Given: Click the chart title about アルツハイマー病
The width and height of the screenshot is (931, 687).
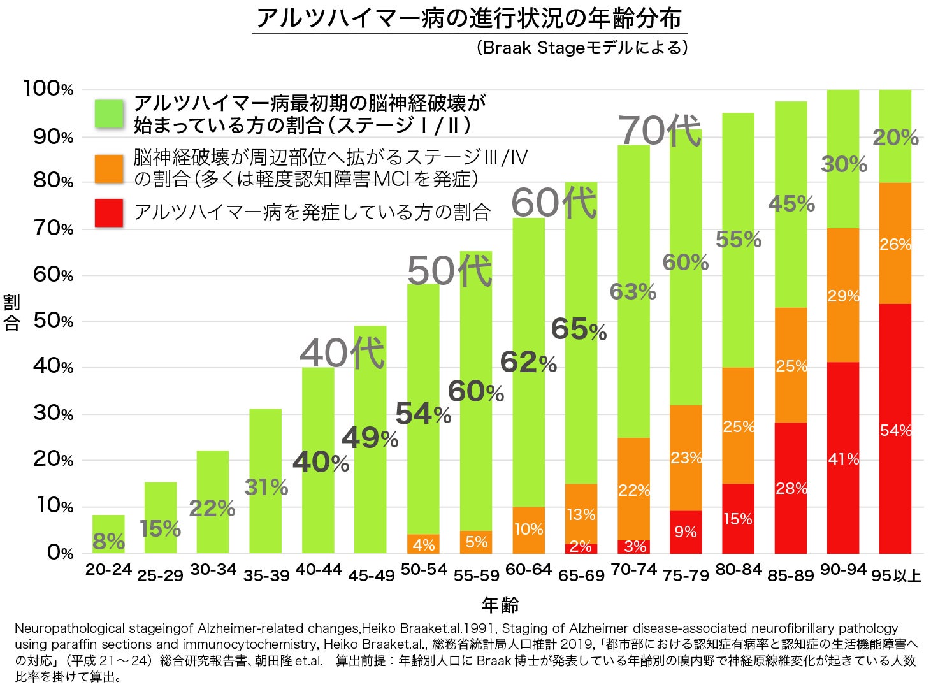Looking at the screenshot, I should click(470, 18).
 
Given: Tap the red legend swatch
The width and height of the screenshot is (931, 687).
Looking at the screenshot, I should click(109, 213).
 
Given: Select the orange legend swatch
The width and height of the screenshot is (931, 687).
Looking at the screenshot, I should click(109, 168).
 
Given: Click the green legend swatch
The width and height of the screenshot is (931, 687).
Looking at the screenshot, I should click(109, 114).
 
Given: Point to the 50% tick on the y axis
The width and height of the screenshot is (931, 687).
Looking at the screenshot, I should click(54, 321).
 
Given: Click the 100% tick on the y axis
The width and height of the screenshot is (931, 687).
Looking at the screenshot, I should click(48, 89).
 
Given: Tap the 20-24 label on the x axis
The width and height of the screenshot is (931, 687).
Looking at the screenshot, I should click(108, 569).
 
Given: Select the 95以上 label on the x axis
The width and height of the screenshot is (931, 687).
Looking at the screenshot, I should click(896, 575).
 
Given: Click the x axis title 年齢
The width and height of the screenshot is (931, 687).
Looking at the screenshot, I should click(500, 604).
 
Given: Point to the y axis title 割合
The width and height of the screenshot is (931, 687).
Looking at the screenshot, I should click(12, 312).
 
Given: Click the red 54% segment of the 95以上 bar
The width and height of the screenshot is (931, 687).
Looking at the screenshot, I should click(895, 428).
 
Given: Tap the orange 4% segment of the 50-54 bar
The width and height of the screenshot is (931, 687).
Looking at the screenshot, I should click(423, 544).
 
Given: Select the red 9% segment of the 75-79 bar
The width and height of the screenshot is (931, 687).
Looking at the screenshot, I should click(686, 532).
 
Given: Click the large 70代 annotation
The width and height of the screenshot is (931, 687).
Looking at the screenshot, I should click(660, 130).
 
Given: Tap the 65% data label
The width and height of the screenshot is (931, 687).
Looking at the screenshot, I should click(579, 329).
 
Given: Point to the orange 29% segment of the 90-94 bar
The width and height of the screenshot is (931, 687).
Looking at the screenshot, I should click(843, 295).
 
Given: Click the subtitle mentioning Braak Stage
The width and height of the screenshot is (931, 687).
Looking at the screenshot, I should click(582, 48).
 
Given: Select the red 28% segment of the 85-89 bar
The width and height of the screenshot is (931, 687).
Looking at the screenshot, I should click(791, 488).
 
